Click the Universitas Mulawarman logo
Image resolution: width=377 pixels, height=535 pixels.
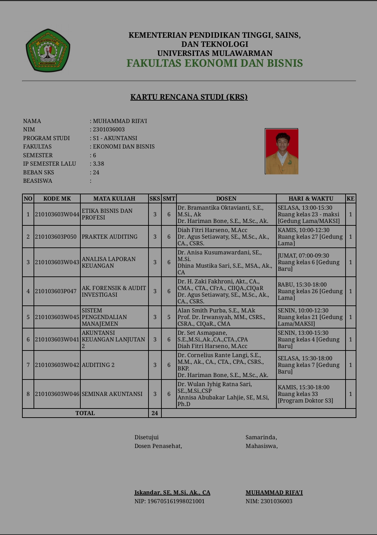pyautogui.click(x=48, y=51)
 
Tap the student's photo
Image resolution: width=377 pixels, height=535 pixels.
pyautogui.click(x=282, y=151)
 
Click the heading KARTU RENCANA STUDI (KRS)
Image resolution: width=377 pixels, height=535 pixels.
pyautogui.click(x=189, y=97)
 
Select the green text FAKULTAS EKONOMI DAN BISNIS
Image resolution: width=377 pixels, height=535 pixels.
pyautogui.click(x=215, y=63)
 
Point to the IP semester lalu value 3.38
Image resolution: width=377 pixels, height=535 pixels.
pyautogui.click(x=99, y=164)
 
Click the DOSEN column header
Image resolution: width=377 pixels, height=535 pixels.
pyautogui.click(x=226, y=198)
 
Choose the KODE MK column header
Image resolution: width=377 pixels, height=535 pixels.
pyautogui.click(x=57, y=198)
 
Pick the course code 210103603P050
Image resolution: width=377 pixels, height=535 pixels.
pyautogui.click(x=56, y=237)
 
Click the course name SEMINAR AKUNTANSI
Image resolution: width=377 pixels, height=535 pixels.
pyautogui.click(x=112, y=394)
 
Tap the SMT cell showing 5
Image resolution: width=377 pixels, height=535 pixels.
pyautogui.click(x=169, y=317)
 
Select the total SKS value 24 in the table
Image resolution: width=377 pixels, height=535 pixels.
pyautogui.click(x=155, y=413)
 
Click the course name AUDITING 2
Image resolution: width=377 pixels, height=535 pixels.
pyautogui.click(x=98, y=365)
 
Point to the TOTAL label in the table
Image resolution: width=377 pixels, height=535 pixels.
pyautogui.click(x=85, y=413)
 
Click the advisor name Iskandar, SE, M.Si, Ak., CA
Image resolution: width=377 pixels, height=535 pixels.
pyautogui.click(x=172, y=492)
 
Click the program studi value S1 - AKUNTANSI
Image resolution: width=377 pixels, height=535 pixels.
pyautogui.click(x=115, y=138)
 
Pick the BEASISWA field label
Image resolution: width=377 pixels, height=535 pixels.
pyautogui.click(x=38, y=181)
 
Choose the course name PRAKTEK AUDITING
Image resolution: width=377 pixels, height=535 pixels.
pyautogui.click(x=110, y=237)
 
